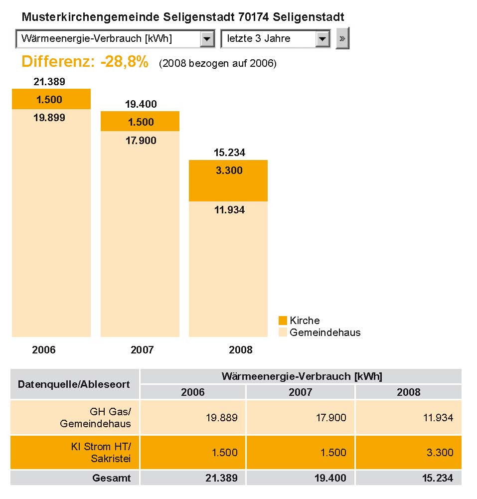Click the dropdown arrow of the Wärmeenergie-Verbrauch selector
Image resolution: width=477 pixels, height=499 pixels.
(207, 39)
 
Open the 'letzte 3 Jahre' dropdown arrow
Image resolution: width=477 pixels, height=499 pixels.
(322, 39)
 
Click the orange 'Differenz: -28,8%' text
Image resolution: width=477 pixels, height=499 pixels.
(85, 62)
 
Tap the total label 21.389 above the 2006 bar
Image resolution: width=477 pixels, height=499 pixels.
(49, 82)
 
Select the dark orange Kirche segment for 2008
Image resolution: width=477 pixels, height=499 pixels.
(228, 181)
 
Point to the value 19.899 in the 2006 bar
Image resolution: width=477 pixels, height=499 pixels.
(49, 118)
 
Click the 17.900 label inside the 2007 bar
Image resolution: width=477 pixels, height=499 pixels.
(141, 141)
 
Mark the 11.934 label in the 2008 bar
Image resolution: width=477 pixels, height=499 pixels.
(229, 210)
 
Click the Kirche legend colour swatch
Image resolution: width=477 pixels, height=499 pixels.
(283, 321)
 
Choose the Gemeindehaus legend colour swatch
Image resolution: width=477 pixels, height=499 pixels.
(283, 332)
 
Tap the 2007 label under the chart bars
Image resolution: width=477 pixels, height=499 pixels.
(142, 350)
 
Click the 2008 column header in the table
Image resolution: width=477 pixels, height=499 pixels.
(408, 392)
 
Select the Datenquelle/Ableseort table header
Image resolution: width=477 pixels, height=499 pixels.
(74, 384)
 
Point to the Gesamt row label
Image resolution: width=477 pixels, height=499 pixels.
(112, 478)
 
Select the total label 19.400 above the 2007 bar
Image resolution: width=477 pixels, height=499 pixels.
(141, 104)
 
